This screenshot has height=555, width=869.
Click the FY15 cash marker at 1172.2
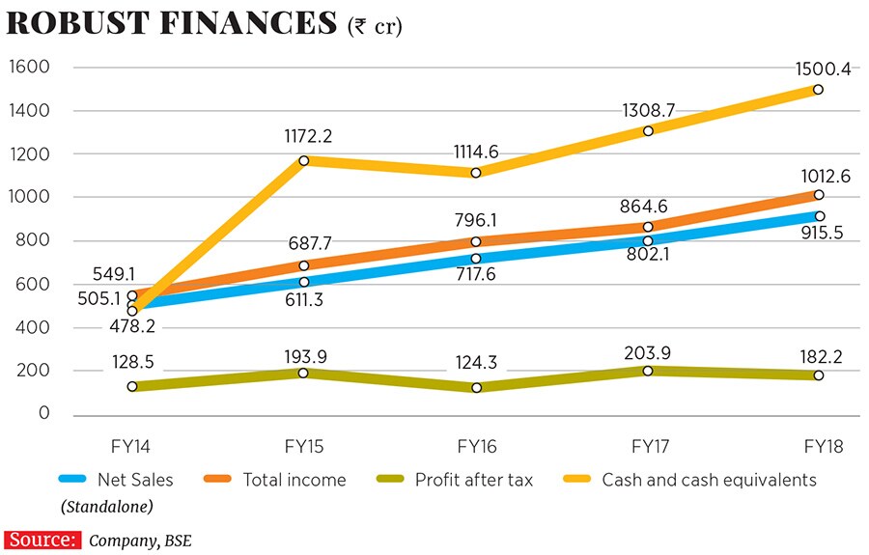[x=303, y=160]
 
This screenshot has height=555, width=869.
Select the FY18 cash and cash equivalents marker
[x=818, y=89]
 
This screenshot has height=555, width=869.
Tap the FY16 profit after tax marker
[x=475, y=387]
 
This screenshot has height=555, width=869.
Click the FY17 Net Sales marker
[x=647, y=240]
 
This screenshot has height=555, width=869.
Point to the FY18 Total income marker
[x=818, y=195]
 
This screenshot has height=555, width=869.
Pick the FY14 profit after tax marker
[x=131, y=386]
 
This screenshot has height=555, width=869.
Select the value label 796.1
[x=475, y=220]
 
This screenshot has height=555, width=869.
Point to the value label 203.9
[x=647, y=350]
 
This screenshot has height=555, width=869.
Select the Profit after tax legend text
[x=473, y=479]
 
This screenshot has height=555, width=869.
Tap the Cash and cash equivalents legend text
[x=709, y=479]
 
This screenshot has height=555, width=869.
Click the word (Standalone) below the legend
[x=107, y=506]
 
